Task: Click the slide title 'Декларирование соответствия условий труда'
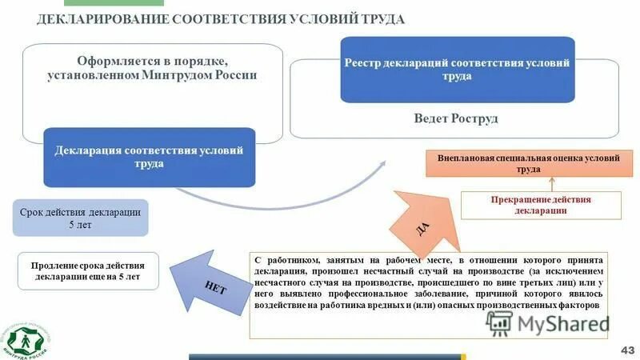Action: click(221, 19)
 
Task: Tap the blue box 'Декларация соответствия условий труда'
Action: click(150, 157)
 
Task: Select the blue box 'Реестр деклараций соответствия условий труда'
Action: click(457, 70)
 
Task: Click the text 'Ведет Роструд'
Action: click(456, 118)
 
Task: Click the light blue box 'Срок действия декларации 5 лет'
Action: click(80, 218)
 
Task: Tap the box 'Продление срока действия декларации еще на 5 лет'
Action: click(88, 271)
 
